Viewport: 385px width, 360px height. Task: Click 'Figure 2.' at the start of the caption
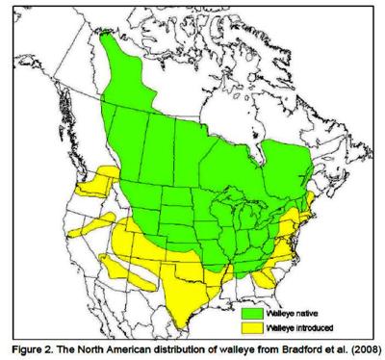click(x=30, y=348)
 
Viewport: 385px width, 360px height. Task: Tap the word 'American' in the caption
click(x=121, y=348)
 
